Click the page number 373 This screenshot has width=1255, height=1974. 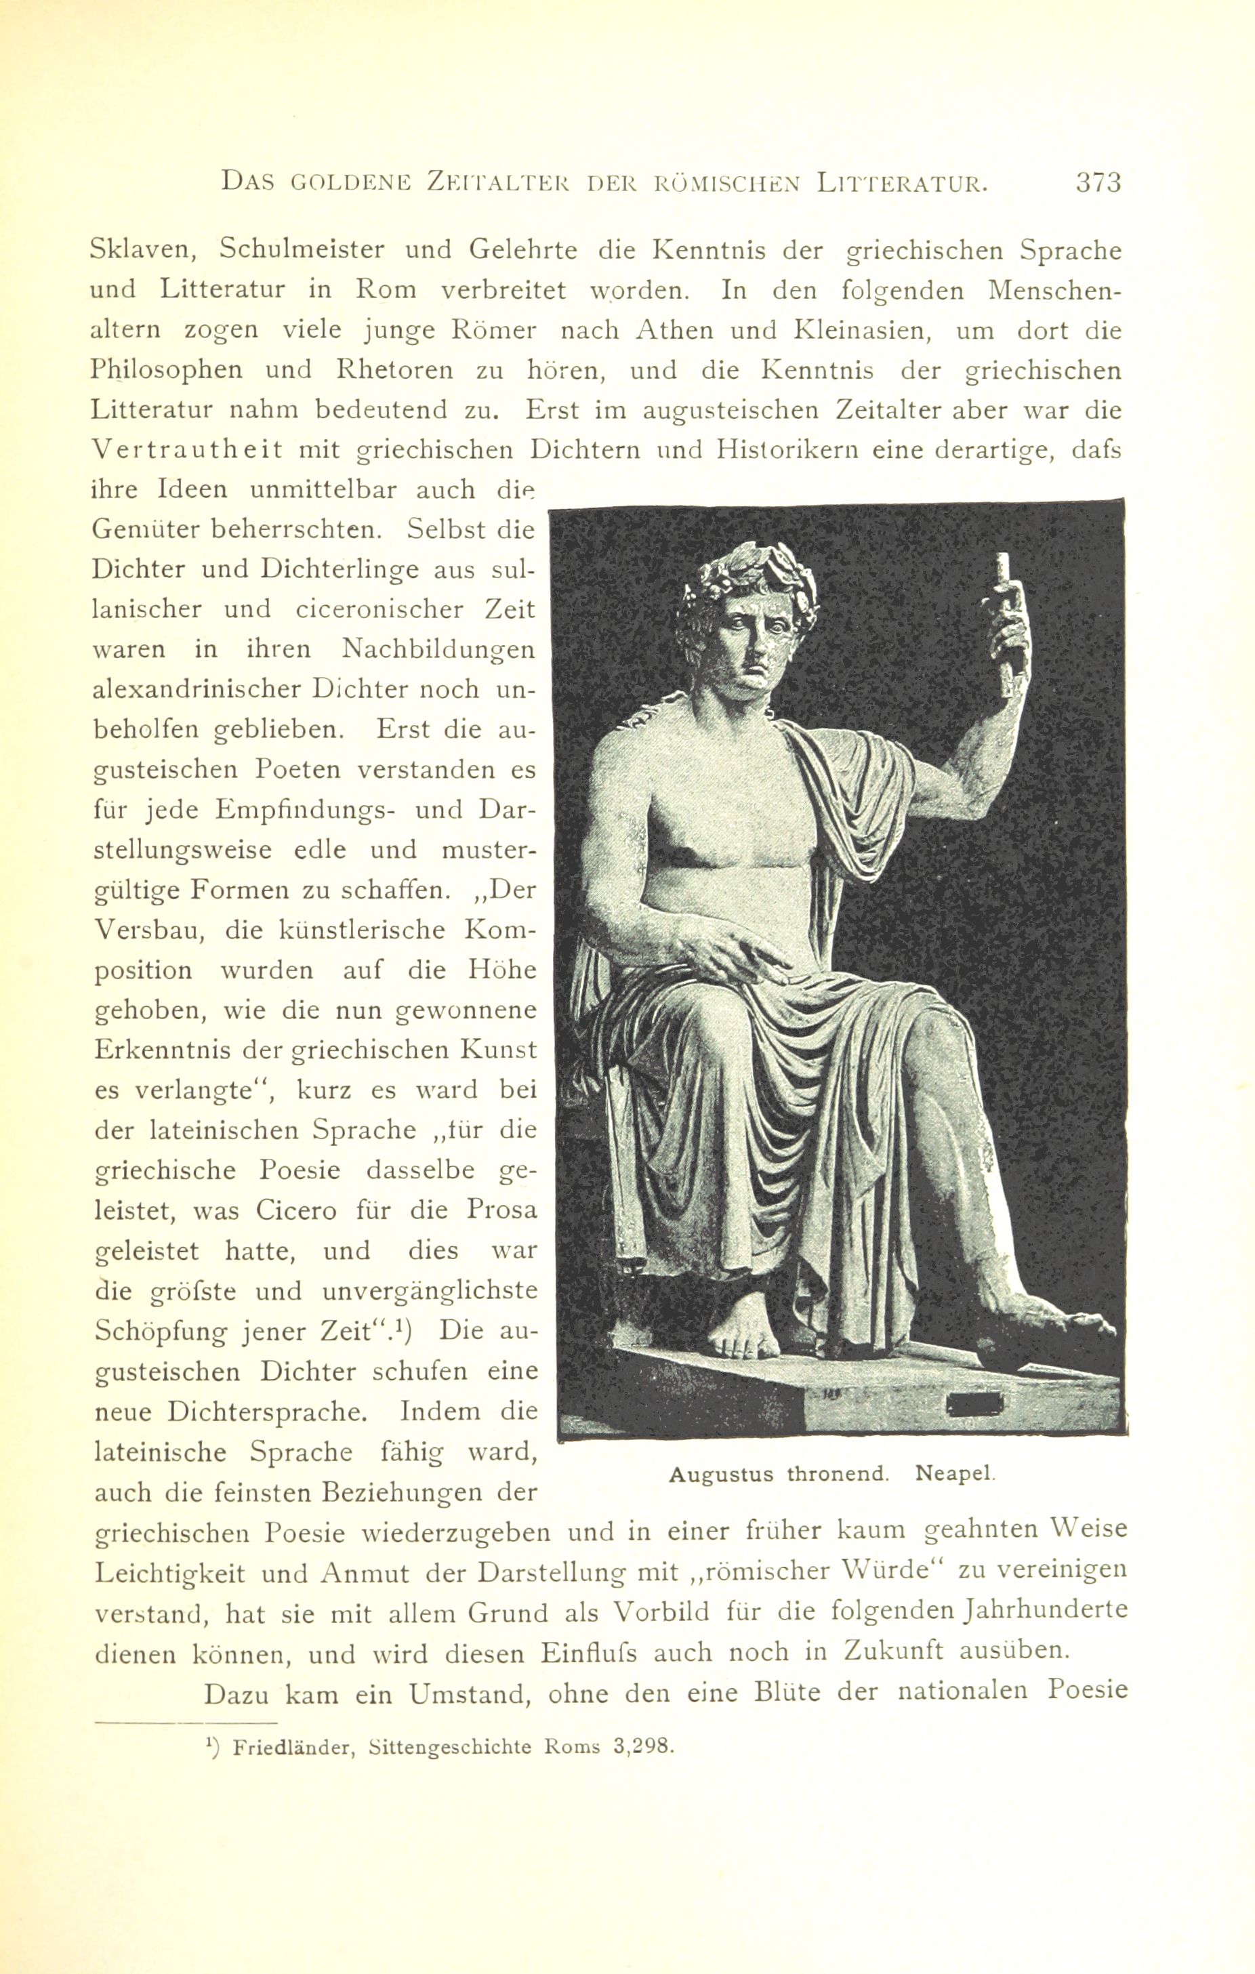coord(1098,182)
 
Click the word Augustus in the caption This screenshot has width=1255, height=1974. coord(720,1474)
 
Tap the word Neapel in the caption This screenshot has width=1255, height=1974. coord(955,1473)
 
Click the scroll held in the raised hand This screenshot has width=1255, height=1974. coord(1006,606)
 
